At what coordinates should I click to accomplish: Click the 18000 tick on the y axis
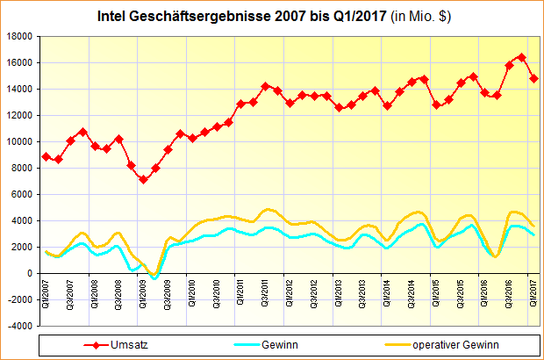coord(18,36)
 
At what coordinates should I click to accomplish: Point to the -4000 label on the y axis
coord(18,326)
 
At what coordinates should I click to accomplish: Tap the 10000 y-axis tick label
coord(18,141)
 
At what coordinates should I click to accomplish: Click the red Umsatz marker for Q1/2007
coord(46,156)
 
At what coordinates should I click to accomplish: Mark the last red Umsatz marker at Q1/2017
coord(533,79)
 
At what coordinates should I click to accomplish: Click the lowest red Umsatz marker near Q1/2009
coord(143,179)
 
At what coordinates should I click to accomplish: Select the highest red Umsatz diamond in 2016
coord(521,57)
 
